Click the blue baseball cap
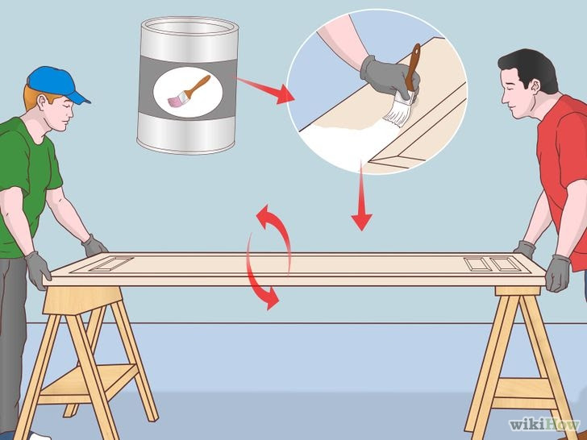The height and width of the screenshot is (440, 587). (56, 84)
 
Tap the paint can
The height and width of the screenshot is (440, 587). (188, 85)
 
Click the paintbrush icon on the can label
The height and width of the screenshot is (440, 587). (189, 92)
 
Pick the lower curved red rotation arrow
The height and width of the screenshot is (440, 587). (258, 277)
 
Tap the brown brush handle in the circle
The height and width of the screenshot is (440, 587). (413, 68)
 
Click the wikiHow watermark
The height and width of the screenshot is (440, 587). (545, 425)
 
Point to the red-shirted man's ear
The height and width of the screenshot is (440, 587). (535, 86)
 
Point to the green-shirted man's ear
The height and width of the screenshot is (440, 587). (42, 102)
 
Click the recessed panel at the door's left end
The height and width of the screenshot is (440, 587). (111, 264)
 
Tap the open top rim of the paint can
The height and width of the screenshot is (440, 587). (189, 27)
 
